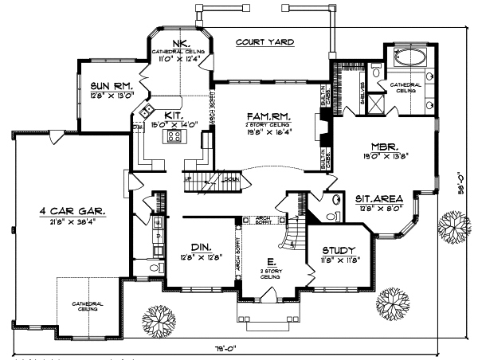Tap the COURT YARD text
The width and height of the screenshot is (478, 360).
tap(264, 41)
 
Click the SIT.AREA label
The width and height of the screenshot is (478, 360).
tap(378, 198)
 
